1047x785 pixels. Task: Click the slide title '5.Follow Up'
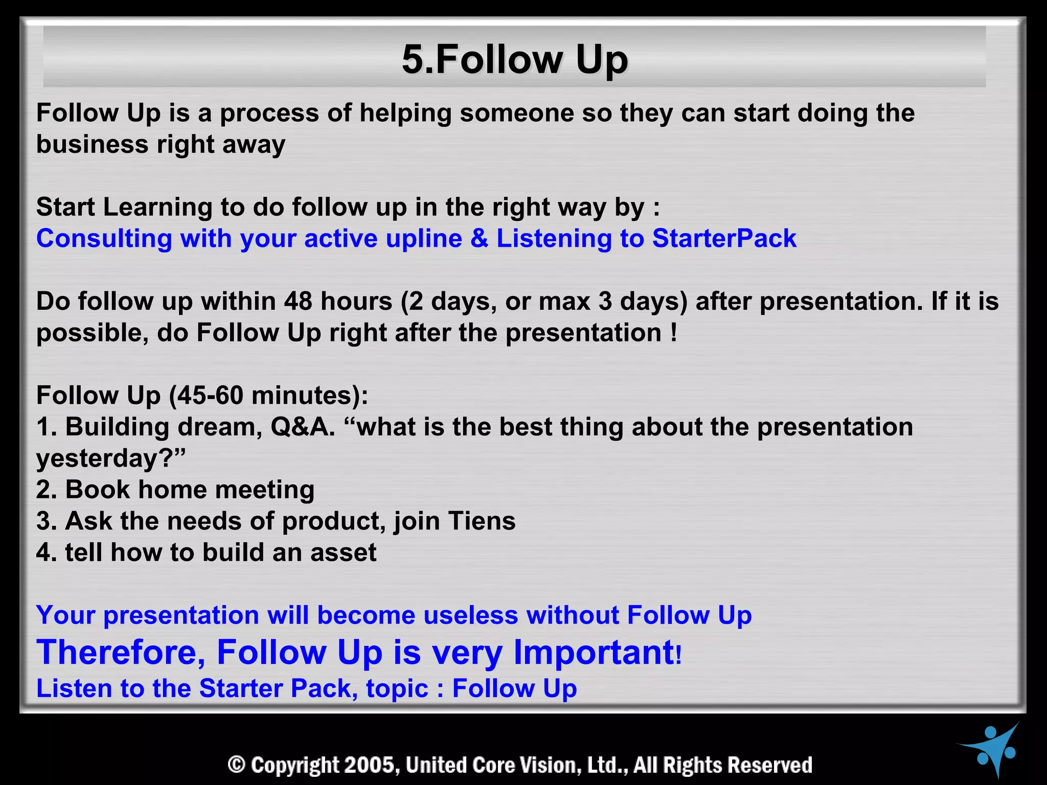click(515, 60)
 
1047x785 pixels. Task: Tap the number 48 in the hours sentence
click(298, 302)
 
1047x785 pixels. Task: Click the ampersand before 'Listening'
click(480, 239)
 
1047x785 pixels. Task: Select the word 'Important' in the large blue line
click(593, 653)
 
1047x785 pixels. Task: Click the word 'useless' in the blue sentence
click(471, 615)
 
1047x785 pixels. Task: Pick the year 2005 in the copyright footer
click(370, 765)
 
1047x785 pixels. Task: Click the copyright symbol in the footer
click(237, 765)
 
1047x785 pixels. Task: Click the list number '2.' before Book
click(47, 490)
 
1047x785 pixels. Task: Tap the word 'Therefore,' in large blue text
click(121, 653)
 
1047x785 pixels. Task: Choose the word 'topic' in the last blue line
click(397, 688)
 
